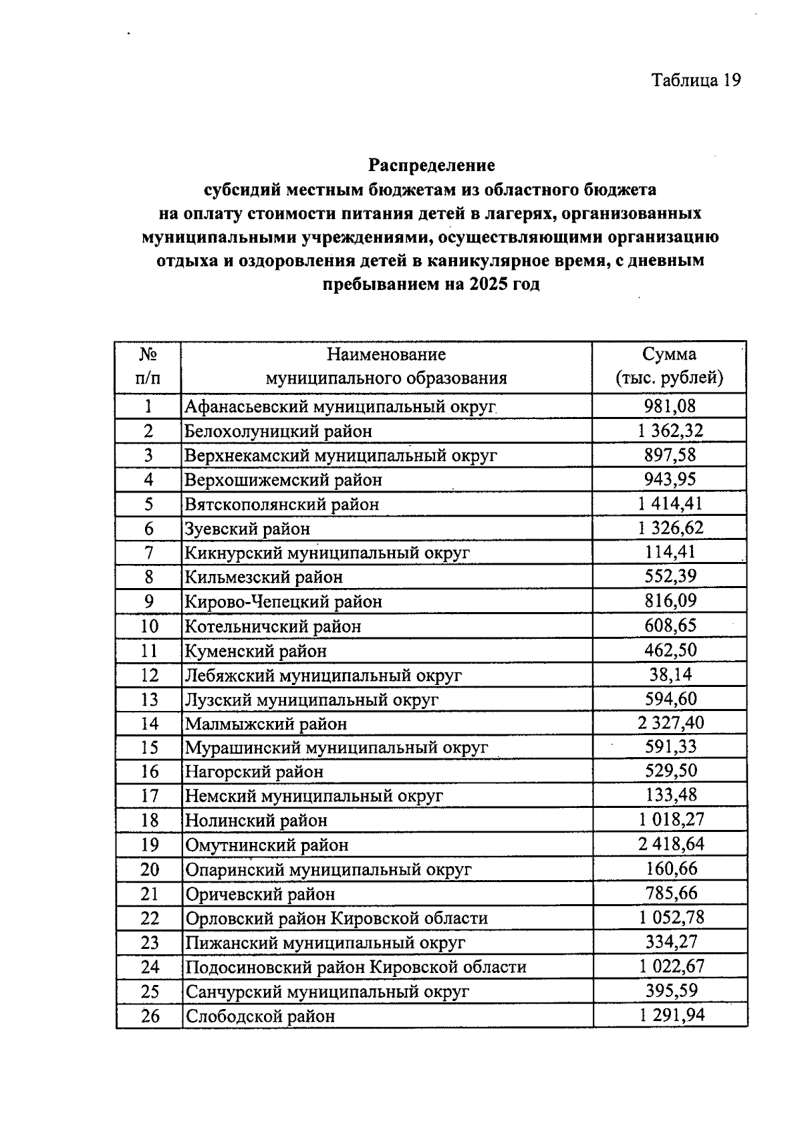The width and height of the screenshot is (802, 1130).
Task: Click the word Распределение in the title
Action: pos(432,165)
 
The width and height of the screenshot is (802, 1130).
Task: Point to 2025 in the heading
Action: pos(489,285)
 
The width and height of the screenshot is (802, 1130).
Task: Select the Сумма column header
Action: pos(669,354)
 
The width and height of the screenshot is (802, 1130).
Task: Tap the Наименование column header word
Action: pos(386,354)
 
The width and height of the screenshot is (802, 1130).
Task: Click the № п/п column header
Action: pos(148,366)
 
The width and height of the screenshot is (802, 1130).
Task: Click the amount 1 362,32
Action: pos(670,430)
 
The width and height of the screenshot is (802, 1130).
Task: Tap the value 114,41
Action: pos(670,552)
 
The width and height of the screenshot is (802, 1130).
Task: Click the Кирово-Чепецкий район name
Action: pos(283,601)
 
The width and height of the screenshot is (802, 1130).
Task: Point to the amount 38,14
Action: pos(670,674)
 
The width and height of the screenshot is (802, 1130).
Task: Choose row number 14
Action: pos(150,723)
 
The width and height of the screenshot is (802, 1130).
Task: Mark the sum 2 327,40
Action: pos(670,722)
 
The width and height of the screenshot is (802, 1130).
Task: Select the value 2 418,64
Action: pos(670,844)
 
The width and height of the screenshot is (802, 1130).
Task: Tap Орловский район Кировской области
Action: pos(336,918)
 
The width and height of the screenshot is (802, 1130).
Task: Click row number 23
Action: pos(150,942)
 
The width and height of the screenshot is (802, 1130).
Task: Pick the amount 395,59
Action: pos(670,990)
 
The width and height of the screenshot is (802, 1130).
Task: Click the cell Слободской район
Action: pos(260,1016)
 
